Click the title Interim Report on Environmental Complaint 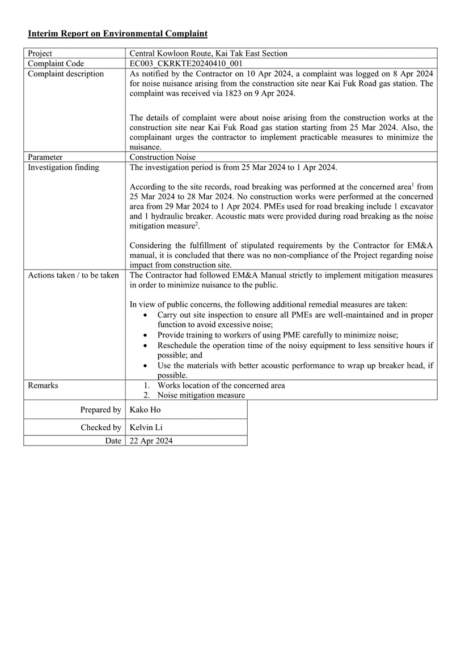click(117, 34)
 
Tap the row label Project click(40, 53)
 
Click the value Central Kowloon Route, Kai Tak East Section click(208, 53)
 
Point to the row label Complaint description click(66, 74)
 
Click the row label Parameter click(45, 157)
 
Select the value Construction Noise click(163, 157)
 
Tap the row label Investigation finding click(63, 167)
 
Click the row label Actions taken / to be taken click(73, 275)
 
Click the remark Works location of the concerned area click(221, 385)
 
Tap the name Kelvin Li click(146, 427)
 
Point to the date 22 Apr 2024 click(151, 441)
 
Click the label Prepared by click(100, 409)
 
